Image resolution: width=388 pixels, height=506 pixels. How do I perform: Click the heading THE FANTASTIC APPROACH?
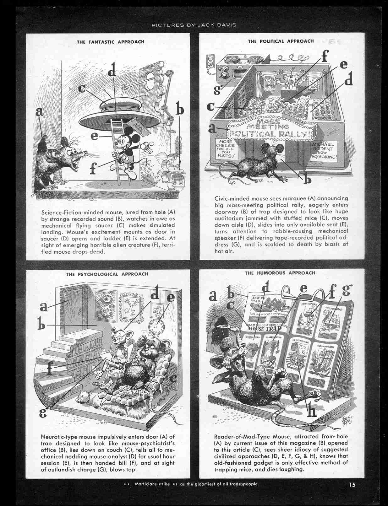[111, 42]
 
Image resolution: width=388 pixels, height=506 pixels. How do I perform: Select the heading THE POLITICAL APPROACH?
[281, 41]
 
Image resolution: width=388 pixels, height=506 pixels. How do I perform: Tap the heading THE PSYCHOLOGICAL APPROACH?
[107, 274]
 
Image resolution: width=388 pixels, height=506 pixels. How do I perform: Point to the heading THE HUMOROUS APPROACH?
[280, 273]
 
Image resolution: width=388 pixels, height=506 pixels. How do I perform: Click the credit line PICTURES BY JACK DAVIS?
[194, 25]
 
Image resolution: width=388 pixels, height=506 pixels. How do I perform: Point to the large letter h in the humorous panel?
[312, 411]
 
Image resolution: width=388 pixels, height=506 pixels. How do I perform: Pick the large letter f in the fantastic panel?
[93, 169]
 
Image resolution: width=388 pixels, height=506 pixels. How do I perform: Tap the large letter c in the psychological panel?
[172, 378]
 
